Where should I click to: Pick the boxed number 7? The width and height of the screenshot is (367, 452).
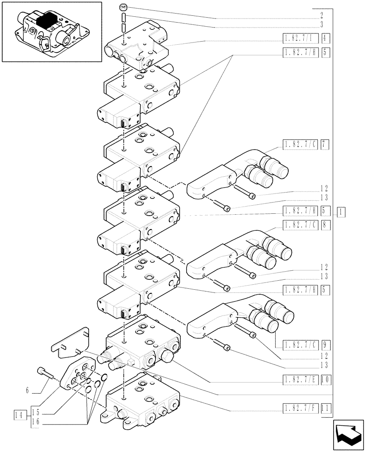(x=326, y=145)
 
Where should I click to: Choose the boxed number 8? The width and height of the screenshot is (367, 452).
(x=326, y=225)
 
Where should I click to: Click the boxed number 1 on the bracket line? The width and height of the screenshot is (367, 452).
(x=341, y=211)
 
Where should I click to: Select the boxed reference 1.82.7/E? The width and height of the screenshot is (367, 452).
(x=301, y=381)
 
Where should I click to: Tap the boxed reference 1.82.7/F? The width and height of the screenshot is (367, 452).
(x=301, y=410)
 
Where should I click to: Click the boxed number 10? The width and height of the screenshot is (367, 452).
(x=326, y=381)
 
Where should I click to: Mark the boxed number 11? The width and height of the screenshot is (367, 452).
(x=326, y=410)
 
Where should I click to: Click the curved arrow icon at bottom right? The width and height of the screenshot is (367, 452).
(x=348, y=435)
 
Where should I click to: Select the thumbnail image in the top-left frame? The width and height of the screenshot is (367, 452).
(x=51, y=32)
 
